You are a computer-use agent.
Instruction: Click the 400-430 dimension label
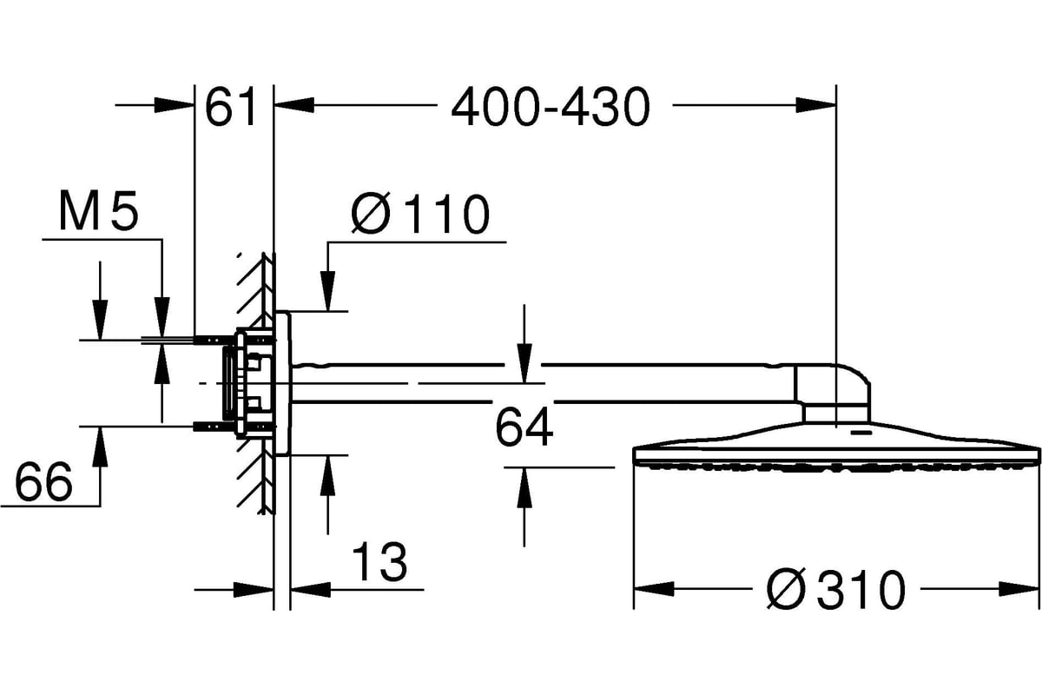tap(551, 108)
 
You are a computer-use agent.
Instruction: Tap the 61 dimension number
tap(231, 107)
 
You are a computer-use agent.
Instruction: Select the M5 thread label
tap(99, 210)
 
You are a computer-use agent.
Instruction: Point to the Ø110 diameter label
tap(420, 214)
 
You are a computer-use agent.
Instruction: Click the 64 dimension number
tap(524, 427)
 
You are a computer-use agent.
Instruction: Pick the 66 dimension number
tap(43, 481)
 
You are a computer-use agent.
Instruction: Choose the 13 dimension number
tap(379, 561)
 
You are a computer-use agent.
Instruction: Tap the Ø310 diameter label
tap(836, 589)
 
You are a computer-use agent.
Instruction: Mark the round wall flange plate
tap(283, 383)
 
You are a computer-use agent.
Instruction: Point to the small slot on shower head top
tap(861, 433)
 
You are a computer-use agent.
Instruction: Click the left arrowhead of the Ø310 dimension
tap(654, 589)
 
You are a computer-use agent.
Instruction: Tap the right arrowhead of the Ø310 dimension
tap(1019, 589)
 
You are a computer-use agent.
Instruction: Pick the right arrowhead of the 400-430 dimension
tap(816, 105)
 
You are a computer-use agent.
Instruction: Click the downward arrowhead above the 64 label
tap(524, 363)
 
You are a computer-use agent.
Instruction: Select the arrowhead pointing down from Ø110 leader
tap(328, 291)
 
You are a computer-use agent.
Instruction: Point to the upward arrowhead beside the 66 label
tap(100, 447)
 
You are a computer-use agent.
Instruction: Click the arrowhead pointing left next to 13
tap(310, 589)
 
